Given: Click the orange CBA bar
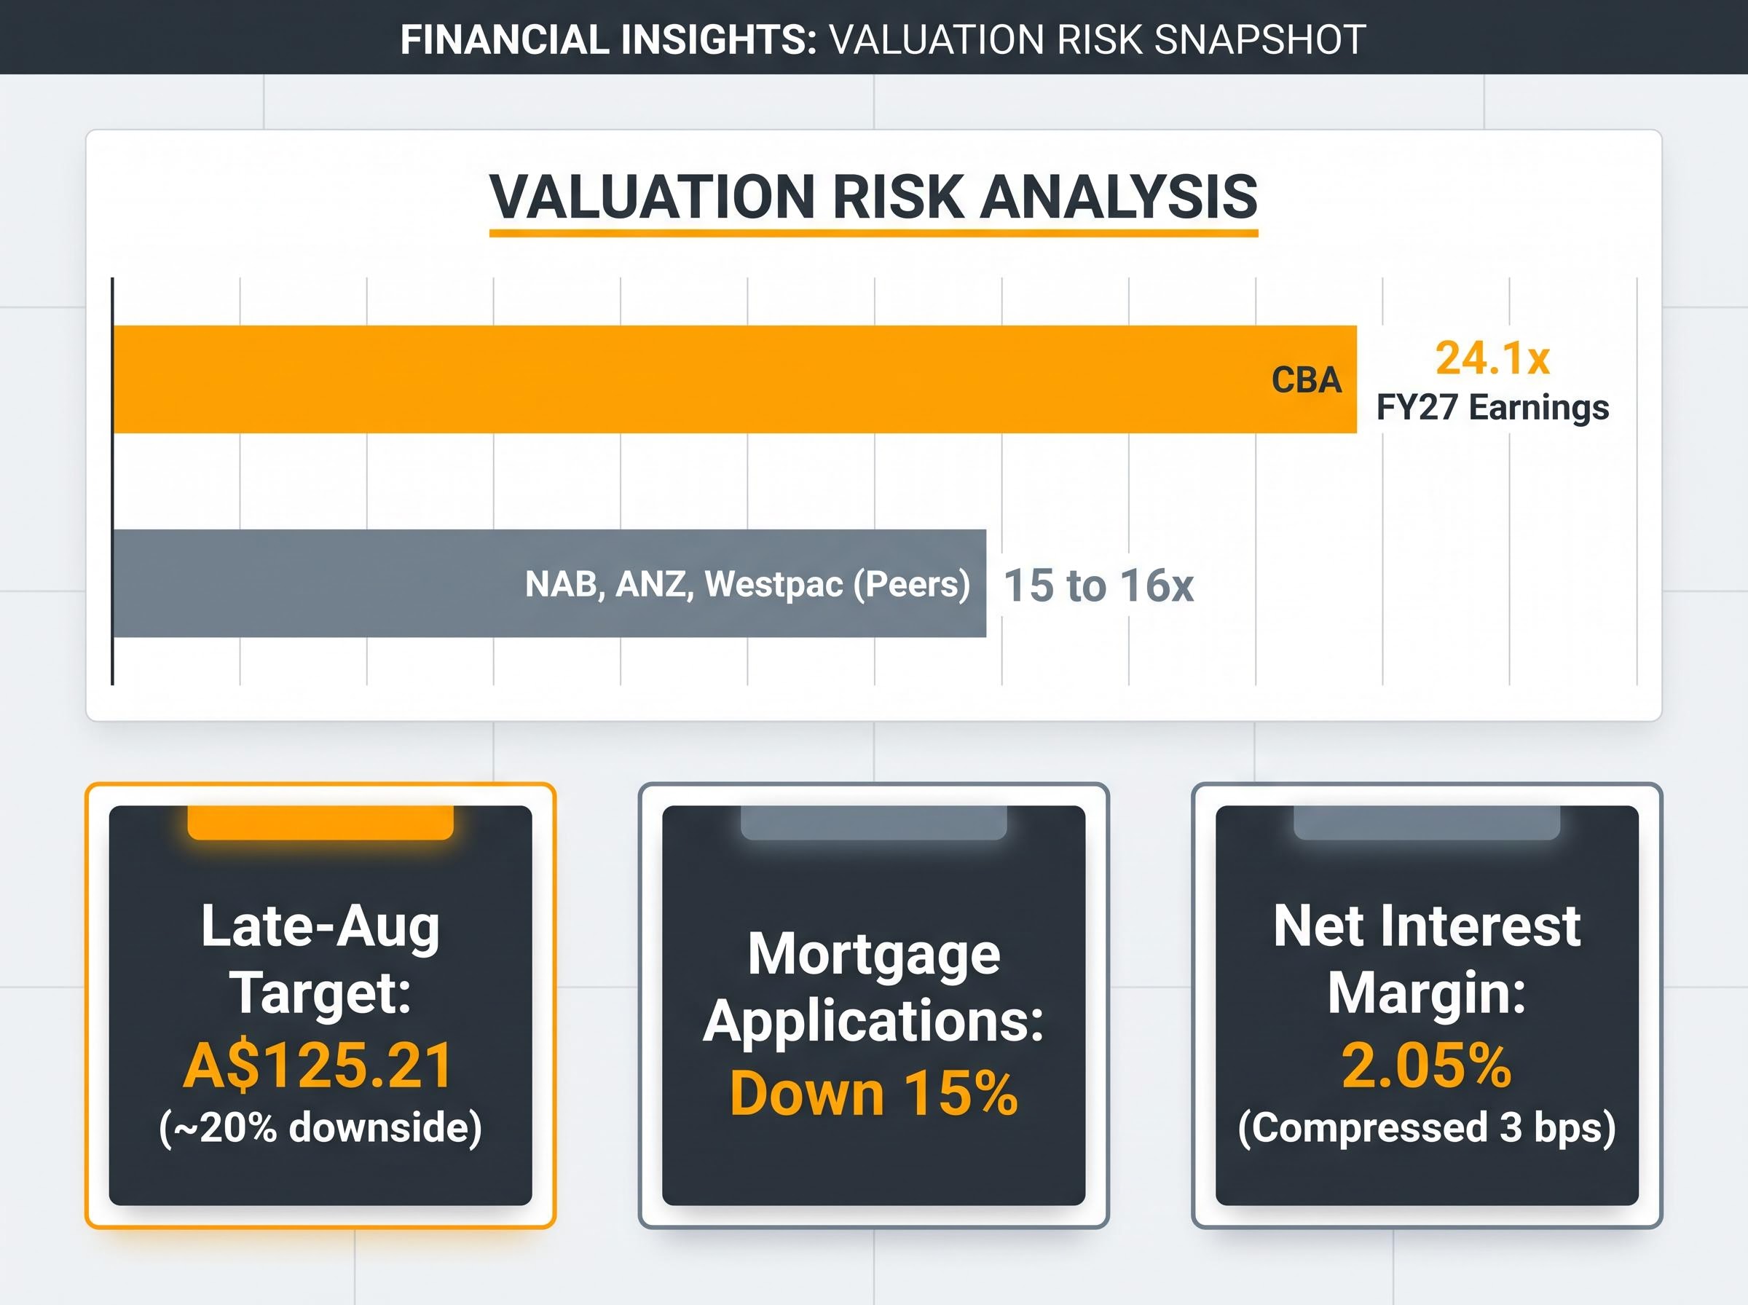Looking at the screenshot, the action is coord(735,379).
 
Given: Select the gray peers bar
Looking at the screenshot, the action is coord(550,583).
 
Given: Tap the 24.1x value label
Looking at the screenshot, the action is coord(1492,358).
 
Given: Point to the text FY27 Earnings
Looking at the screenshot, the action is coord(1492,409).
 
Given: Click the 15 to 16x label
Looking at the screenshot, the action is coord(1098,586).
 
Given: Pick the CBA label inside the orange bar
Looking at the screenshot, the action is coord(1307,380).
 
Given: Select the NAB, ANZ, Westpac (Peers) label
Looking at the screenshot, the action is coord(747,585).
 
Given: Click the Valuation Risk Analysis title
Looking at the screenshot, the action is coord(873,196).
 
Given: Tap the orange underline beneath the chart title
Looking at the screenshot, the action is coord(873,233).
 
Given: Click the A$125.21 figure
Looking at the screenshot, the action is coord(318,1065).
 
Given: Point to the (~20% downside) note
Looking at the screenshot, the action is coord(320,1127).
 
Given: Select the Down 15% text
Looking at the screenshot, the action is coord(873,1093).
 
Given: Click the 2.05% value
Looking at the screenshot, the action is coord(1427,1065).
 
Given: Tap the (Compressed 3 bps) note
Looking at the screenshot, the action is coord(1427,1127).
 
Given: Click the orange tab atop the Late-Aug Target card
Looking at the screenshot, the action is coord(320,822).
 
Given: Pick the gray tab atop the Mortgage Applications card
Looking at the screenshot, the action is coord(873,822).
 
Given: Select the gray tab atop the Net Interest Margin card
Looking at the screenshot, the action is coord(1427,822).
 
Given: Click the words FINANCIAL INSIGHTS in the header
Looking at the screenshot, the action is coord(609,39).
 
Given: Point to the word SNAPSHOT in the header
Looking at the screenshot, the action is coord(1260,39).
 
